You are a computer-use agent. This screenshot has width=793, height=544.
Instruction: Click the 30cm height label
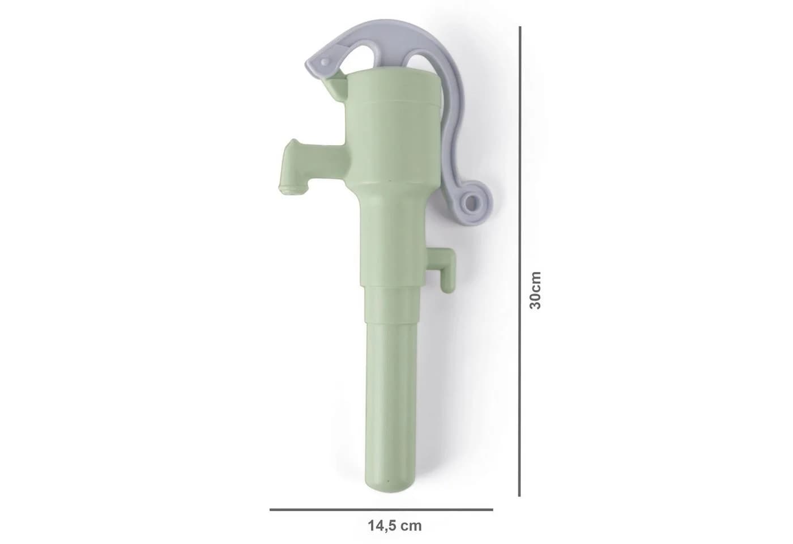[x=535, y=290]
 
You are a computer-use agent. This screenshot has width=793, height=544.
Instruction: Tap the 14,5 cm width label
[x=395, y=526]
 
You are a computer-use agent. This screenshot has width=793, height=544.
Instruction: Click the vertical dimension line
[x=519, y=261]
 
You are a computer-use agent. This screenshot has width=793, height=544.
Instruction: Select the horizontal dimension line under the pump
[x=381, y=509]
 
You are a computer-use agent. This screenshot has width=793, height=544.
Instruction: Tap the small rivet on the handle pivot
[x=323, y=62]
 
